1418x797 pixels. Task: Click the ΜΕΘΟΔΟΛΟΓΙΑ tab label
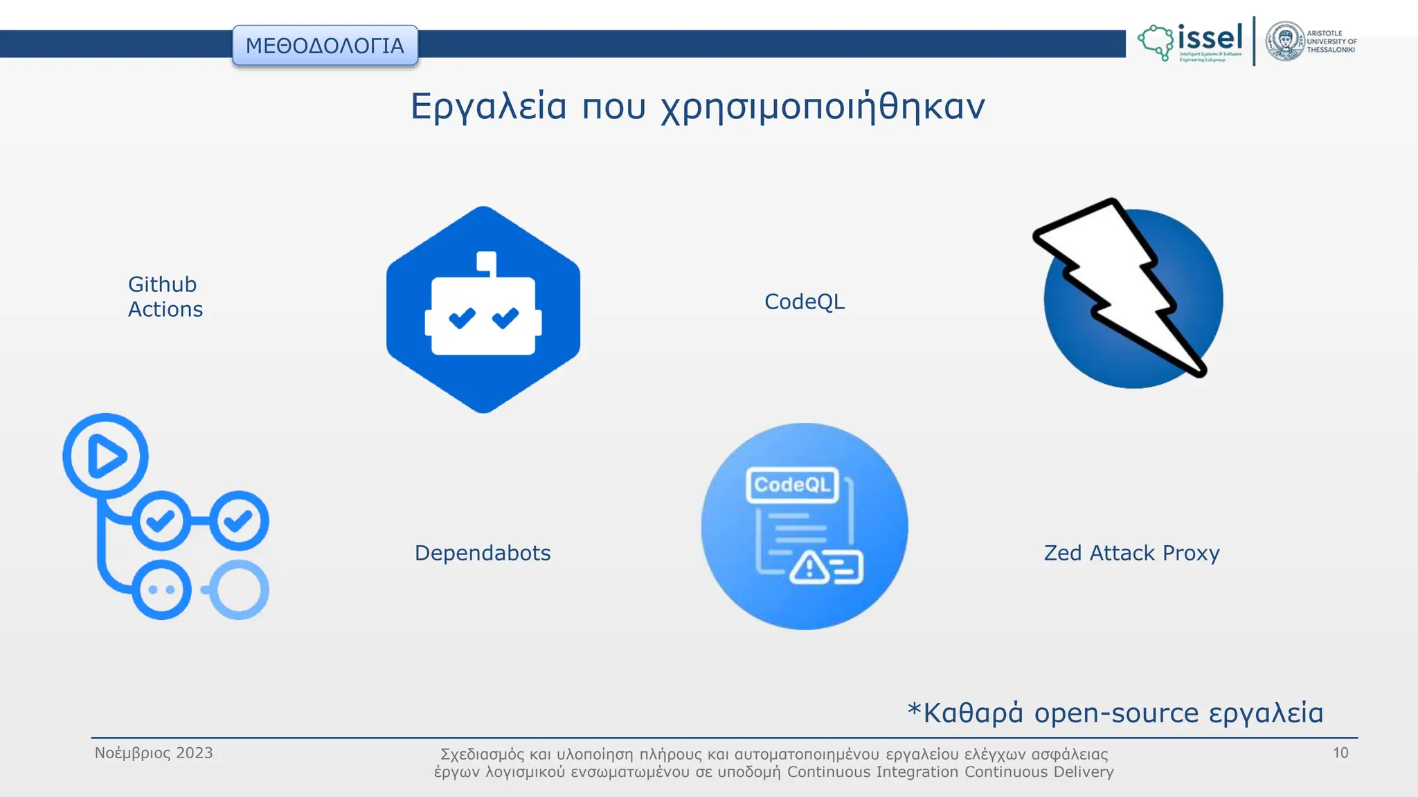click(x=325, y=46)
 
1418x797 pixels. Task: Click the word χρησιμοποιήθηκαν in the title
click(x=823, y=107)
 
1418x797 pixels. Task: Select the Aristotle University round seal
click(x=1285, y=42)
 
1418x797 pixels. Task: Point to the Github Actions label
click(x=165, y=297)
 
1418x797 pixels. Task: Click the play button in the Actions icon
click(x=106, y=456)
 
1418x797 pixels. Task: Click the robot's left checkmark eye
click(x=462, y=318)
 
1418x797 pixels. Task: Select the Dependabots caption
click(x=483, y=553)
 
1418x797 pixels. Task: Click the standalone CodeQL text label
click(x=804, y=302)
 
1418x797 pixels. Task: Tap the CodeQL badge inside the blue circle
click(x=792, y=484)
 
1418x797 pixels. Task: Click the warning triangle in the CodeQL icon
click(x=809, y=568)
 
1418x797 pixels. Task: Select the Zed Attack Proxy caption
click(x=1131, y=553)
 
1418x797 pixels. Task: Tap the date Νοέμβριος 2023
click(x=154, y=753)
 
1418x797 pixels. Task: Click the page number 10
click(x=1340, y=753)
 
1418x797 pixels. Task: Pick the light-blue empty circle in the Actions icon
click(x=239, y=589)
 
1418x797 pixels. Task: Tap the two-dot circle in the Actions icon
click(x=161, y=589)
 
